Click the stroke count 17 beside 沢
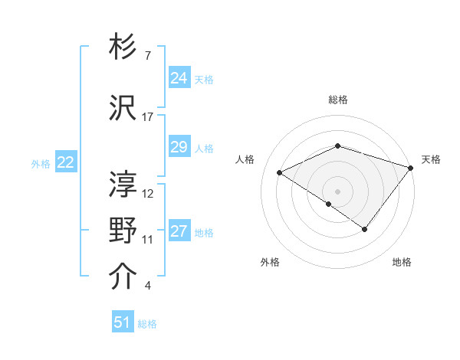tap(148, 117)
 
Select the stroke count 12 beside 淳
tap(148, 193)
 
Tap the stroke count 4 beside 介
tap(147, 286)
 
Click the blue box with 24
tap(179, 77)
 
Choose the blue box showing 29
tap(179, 147)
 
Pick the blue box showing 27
tap(179, 231)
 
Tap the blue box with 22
tap(66, 162)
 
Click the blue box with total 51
tap(123, 322)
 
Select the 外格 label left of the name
tap(41, 162)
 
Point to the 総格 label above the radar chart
tap(338, 100)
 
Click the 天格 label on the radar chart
tap(431, 159)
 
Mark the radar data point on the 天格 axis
tap(412, 166)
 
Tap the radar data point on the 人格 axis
tap(280, 172)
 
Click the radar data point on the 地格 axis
tap(365, 229)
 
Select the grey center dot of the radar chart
tap(338, 191)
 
